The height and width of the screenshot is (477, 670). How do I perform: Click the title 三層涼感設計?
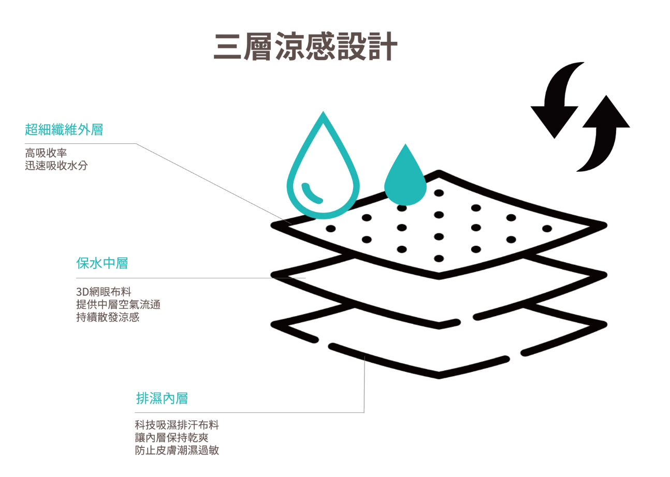305,48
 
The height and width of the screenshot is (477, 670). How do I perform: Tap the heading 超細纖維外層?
64,129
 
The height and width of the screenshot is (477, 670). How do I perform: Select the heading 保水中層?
102,263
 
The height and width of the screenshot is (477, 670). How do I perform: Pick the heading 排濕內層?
162,398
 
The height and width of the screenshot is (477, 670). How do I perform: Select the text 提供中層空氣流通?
118,304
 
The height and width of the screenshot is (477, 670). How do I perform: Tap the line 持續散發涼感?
108,317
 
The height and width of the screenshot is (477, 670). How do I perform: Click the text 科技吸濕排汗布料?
177,425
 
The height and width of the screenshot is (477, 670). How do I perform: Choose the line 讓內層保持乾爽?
171,438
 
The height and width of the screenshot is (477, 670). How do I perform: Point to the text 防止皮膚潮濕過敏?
177,451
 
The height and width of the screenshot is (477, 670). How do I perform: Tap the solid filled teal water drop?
405,176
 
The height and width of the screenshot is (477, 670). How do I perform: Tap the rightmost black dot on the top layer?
547,228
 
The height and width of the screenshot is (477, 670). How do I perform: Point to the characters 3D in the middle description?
83,291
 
